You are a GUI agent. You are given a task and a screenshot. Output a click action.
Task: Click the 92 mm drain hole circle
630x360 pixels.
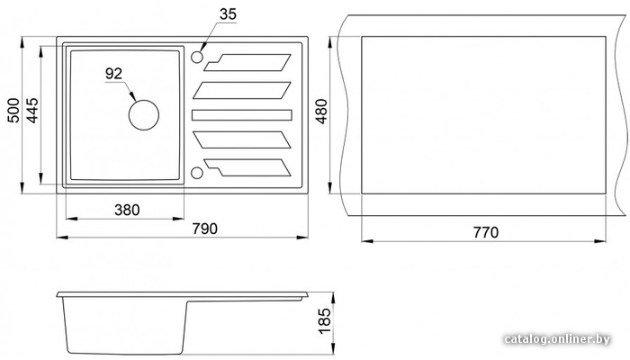pos(144,100)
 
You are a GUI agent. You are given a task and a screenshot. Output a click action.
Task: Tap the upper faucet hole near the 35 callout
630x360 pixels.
pos(197,57)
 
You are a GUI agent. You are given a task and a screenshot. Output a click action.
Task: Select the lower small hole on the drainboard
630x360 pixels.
pos(196,173)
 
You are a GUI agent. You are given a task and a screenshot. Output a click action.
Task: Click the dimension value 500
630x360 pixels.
pos(13,110)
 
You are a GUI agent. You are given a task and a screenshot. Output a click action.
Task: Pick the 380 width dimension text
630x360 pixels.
pos(127,210)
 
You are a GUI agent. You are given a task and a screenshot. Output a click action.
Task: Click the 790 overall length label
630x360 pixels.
pos(204,229)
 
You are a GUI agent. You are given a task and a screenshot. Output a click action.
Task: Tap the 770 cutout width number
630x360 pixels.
pos(486,232)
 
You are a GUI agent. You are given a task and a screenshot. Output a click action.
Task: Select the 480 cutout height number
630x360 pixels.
pos(322,112)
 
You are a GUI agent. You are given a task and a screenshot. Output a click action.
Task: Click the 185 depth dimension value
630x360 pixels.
pos(324,320)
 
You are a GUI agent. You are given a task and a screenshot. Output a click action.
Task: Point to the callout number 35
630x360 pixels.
pos(228,14)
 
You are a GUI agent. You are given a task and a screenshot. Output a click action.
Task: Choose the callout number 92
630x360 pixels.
pos(113,74)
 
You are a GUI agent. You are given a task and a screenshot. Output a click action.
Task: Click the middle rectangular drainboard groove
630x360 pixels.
pos(242,115)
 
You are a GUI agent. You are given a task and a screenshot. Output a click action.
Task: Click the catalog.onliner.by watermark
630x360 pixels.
pos(557,339)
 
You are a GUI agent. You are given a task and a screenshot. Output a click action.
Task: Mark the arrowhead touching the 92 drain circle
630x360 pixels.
pos(133,96)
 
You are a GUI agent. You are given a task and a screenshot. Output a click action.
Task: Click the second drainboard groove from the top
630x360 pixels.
pos(242,90)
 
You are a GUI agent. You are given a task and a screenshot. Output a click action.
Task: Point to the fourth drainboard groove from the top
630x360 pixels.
pos(242,139)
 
